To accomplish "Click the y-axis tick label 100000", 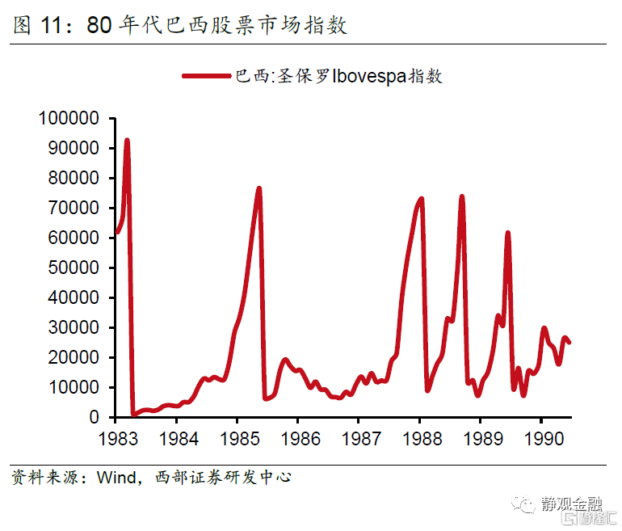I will pos(68,119).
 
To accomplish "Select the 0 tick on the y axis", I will pos(95,418).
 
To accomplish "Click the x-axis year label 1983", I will pos(116,438).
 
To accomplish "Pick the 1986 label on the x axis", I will pos(297,438).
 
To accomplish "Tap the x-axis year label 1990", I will pos(540,438).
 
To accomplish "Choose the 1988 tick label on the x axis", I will pos(419,438).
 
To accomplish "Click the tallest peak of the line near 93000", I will pos(127,141).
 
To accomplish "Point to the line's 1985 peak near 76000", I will pos(259,188).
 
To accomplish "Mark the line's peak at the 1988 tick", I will pos(421,199).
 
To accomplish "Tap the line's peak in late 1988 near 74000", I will pos(461,196).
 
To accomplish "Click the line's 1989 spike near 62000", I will pos(507,233).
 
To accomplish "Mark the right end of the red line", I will pos(569,343).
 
